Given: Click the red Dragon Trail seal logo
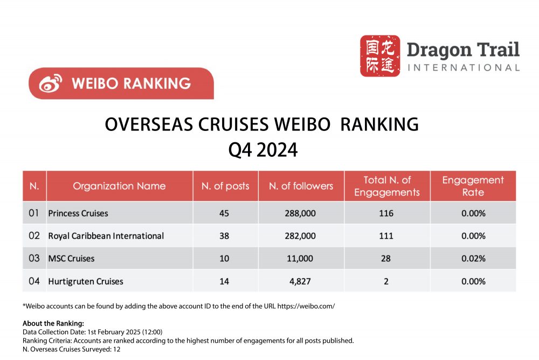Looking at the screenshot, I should (380, 56).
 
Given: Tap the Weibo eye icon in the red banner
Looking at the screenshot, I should (50, 84).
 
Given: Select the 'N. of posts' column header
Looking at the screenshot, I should (225, 186).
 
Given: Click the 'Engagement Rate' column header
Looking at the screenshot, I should (473, 186).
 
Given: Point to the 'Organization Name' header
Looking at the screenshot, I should (119, 186).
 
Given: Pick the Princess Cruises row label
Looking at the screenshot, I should (78, 213).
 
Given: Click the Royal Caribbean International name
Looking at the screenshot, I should (106, 236).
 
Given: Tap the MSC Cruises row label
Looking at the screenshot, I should (71, 259).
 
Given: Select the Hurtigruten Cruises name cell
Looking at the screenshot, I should (86, 281).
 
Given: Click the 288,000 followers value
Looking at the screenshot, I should (300, 213).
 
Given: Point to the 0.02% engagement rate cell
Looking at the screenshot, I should (473, 259).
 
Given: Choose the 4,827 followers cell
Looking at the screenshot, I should (300, 281).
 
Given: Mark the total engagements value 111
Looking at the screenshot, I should (386, 236).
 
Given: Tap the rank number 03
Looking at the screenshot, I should (34, 259).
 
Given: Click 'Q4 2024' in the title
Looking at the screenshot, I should (263, 150).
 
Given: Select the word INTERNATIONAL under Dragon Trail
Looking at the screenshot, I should (464, 68).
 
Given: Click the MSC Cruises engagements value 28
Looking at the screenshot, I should (386, 259).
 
